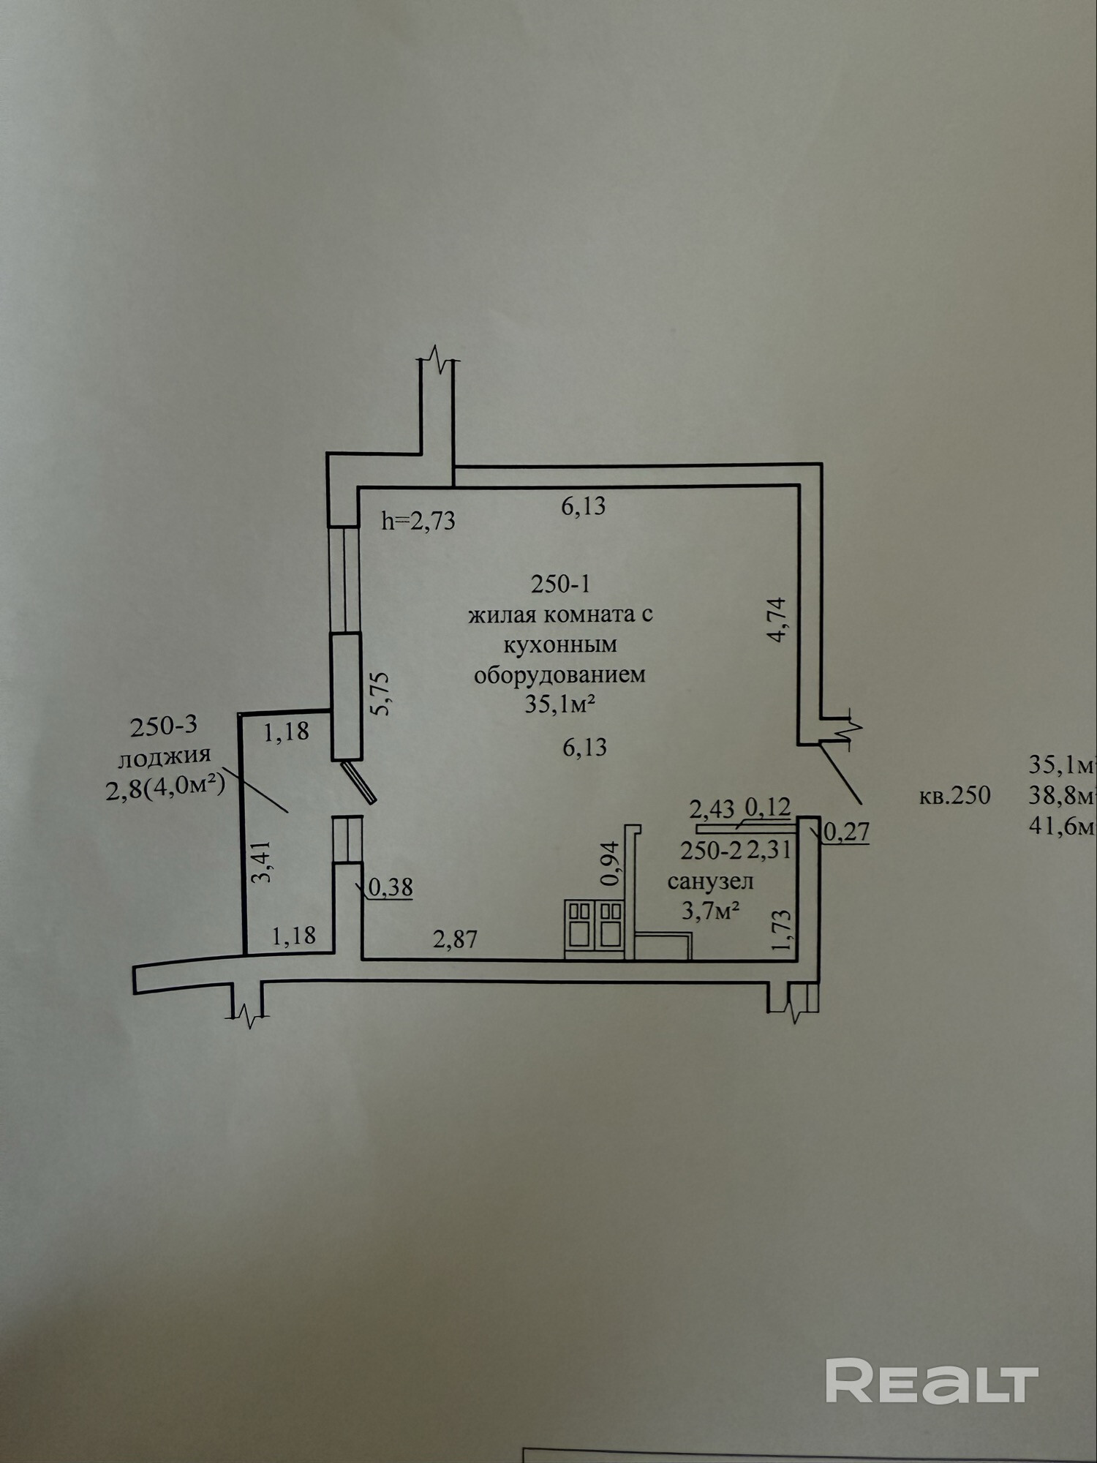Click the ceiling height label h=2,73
[x=418, y=521]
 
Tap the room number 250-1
[x=560, y=584]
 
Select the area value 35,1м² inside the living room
[x=560, y=704]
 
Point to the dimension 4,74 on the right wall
[x=777, y=620]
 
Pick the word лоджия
[x=165, y=755]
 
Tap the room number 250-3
[x=164, y=726]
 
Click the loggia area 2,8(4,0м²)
[x=165, y=789]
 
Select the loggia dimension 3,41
[x=262, y=861]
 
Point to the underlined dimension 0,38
[x=391, y=887]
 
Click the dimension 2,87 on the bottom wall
[x=455, y=939]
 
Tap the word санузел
[x=710, y=881]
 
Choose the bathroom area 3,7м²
[x=710, y=911]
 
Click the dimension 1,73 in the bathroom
[x=782, y=930]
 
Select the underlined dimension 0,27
[x=847, y=831]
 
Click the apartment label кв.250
[x=954, y=795]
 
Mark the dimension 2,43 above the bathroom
[x=712, y=809]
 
